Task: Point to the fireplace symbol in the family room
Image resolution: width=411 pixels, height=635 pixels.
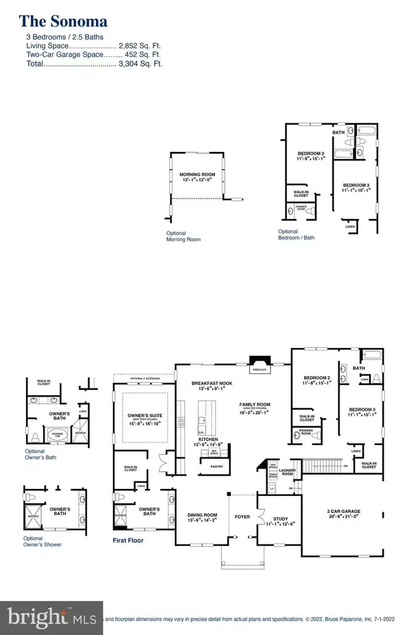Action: click(259, 364)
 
